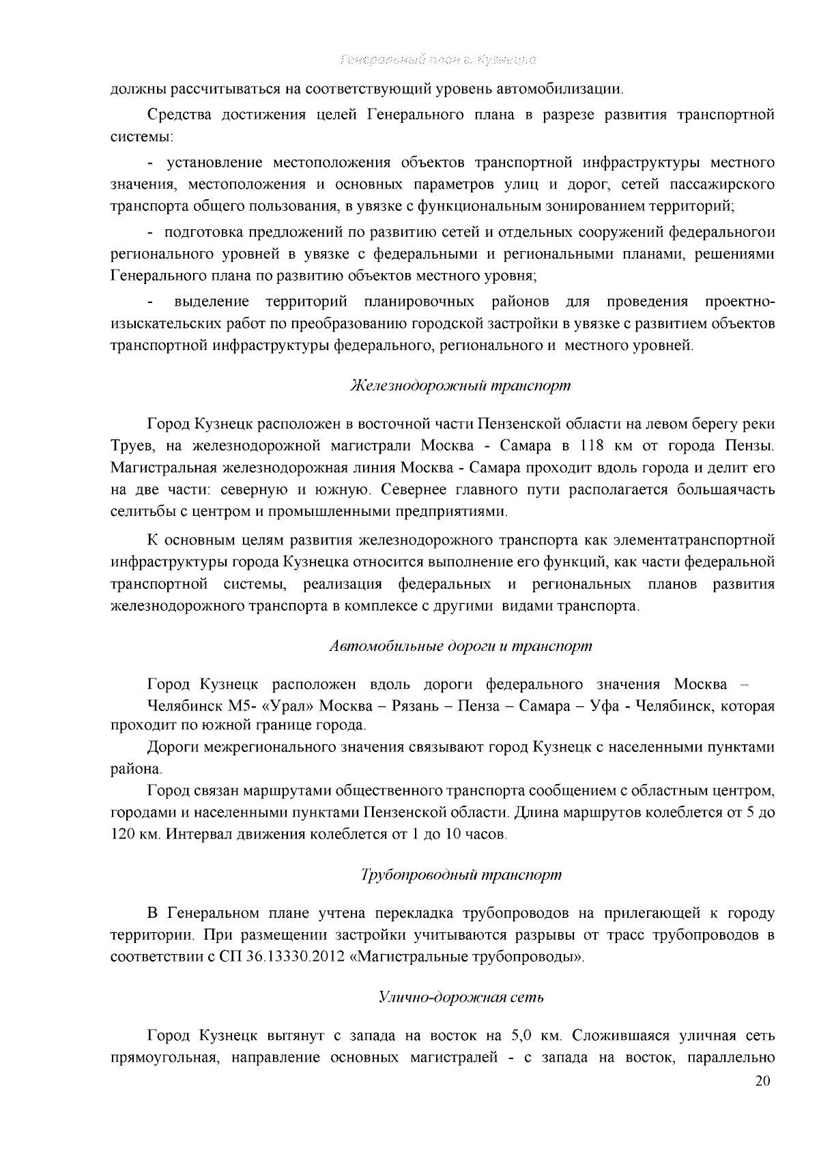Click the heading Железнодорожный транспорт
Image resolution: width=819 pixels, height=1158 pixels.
pyautogui.click(x=460, y=386)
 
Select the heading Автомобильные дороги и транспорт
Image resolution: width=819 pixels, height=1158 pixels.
pyautogui.click(x=460, y=646)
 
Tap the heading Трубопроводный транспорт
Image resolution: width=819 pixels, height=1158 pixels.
pyautogui.click(x=461, y=874)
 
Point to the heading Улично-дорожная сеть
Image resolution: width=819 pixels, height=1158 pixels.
pyautogui.click(x=461, y=998)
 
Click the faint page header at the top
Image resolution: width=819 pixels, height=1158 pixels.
pyautogui.click(x=437, y=60)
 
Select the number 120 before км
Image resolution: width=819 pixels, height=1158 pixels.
pyautogui.click(x=124, y=835)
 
